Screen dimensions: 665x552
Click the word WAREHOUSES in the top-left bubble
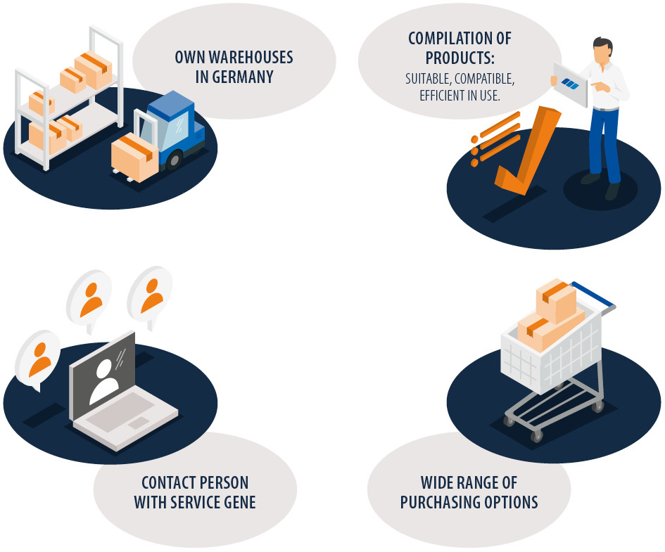pos(251,57)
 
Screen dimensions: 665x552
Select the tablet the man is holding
pos(571,84)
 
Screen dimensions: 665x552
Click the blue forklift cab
pos(171,123)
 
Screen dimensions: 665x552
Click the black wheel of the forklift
pos(175,160)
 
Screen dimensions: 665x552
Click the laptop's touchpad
pos(139,423)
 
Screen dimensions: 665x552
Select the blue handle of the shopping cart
pos(593,294)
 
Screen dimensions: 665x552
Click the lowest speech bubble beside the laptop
pos(37,360)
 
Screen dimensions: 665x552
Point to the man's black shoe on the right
pos(612,191)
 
